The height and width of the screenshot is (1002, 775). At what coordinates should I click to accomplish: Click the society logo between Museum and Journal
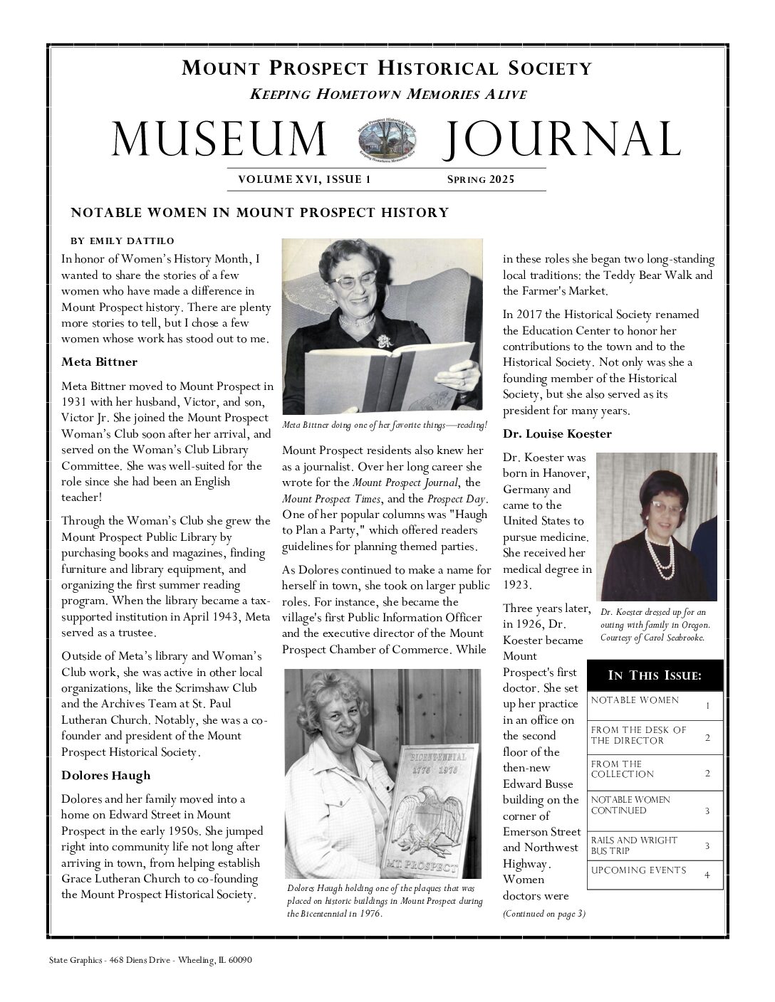(387, 138)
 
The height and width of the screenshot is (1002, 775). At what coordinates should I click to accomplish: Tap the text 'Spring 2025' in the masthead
(480, 179)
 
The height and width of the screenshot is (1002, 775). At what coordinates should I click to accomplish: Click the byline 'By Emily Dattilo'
(123, 241)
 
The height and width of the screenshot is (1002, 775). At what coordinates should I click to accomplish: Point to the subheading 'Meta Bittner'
(99, 362)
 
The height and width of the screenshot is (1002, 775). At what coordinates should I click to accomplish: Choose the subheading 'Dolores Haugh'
(105, 775)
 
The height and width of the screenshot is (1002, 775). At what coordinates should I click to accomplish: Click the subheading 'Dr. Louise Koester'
(557, 433)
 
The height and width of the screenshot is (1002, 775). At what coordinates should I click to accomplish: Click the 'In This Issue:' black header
(655, 675)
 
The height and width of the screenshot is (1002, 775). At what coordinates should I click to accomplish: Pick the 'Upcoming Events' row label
(638, 870)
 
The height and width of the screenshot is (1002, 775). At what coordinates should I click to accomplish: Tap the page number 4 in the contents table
(707, 875)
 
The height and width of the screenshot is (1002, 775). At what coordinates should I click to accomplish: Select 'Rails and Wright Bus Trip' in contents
(634, 845)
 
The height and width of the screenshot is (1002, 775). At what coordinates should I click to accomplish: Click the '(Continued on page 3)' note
(544, 914)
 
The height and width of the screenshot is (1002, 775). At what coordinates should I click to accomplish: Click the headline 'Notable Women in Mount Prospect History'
(260, 213)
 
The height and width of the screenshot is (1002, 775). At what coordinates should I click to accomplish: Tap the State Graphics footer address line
(151, 960)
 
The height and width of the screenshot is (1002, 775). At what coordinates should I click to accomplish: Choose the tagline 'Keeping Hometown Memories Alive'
(388, 95)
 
